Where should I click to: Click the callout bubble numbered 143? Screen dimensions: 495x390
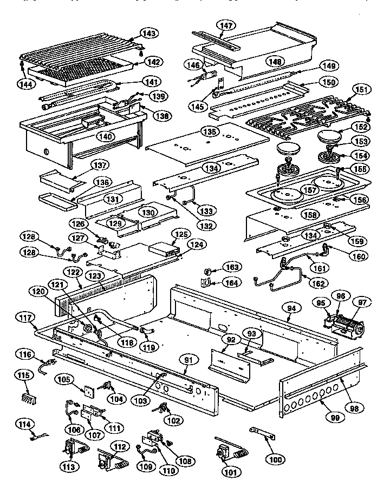(150, 34)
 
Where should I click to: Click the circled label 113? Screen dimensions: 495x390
(69, 465)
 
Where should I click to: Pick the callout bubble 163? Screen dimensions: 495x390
(232, 267)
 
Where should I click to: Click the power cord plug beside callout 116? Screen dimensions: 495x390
(52, 364)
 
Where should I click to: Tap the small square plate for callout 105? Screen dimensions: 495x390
(85, 392)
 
